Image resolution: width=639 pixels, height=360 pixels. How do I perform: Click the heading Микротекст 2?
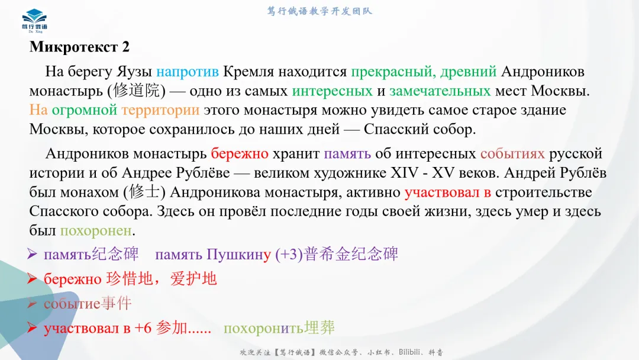(x=79, y=47)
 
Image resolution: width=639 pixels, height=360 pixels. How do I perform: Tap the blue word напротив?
(x=188, y=72)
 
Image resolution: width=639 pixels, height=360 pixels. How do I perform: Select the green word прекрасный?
(x=386, y=72)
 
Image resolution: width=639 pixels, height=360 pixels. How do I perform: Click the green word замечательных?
(x=440, y=91)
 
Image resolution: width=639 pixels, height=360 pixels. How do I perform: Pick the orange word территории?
(x=160, y=110)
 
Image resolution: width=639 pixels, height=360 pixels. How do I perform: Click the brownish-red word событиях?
(x=512, y=154)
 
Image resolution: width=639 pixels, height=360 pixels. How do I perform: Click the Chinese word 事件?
(x=117, y=304)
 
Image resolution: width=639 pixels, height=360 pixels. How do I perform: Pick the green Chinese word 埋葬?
(x=319, y=328)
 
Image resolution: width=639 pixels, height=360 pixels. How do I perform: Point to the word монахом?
(x=89, y=192)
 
